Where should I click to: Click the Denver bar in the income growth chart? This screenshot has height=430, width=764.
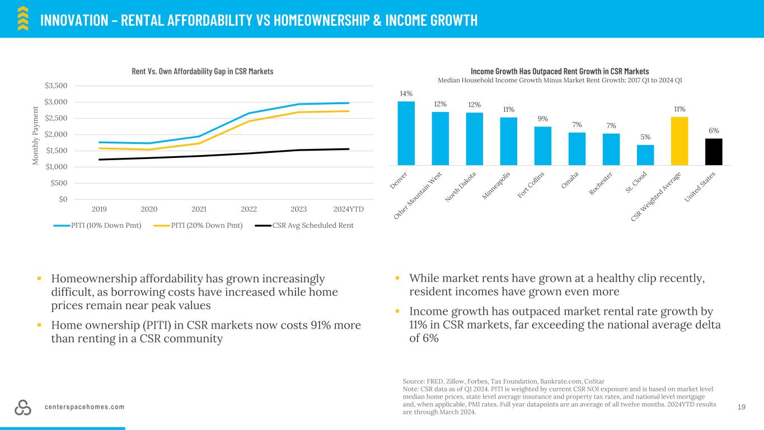tap(406, 133)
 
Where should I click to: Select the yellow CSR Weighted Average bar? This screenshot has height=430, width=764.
tap(679, 141)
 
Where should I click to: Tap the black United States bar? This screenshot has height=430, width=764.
tap(714, 152)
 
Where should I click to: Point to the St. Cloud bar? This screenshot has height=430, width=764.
tap(645, 155)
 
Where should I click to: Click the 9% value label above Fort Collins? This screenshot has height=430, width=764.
tap(543, 119)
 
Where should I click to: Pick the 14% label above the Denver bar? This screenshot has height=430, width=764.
tap(406, 94)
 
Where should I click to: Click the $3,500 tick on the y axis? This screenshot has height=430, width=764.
tap(56, 86)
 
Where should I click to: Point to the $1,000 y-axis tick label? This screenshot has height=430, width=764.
tap(56, 167)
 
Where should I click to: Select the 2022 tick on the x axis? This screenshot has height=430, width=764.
tap(249, 209)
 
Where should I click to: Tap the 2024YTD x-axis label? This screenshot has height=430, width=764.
tap(349, 209)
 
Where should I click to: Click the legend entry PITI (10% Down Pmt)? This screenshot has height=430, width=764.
tap(97, 226)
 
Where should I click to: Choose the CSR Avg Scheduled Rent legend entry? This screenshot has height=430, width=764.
tap(304, 226)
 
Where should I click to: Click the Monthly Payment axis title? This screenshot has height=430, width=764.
tap(35, 135)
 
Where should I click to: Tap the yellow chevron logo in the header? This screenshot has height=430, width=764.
tap(23, 18)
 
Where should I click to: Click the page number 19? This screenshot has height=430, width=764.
tap(742, 407)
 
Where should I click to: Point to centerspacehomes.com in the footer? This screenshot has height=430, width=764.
tap(85, 407)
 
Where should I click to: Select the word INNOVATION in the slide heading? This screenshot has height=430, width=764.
tap(74, 20)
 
